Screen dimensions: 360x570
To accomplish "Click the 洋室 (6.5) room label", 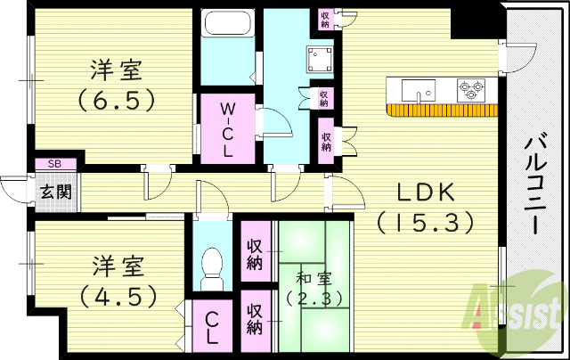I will coord(116,83).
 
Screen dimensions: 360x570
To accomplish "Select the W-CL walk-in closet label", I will coord(227,131).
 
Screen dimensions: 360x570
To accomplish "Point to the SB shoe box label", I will coord(54,164).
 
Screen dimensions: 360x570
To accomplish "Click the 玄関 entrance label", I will coord(54,190).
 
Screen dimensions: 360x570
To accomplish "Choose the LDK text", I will coord(424,192).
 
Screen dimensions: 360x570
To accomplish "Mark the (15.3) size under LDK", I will coord(424,222).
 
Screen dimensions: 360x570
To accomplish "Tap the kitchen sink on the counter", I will coord(417,89).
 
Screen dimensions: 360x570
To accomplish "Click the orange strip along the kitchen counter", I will coord(443,110).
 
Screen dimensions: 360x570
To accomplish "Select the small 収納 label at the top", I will coord(325,19).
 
